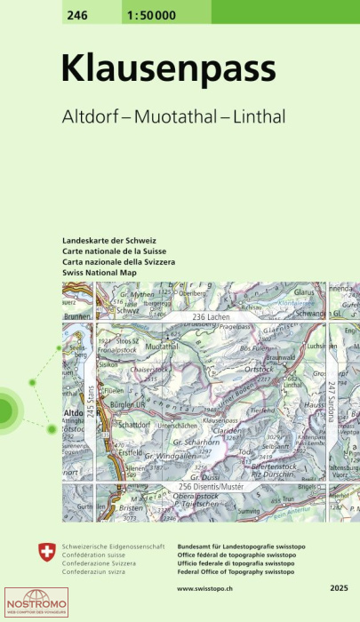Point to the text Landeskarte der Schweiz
pyautogui.click(x=109, y=242)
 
